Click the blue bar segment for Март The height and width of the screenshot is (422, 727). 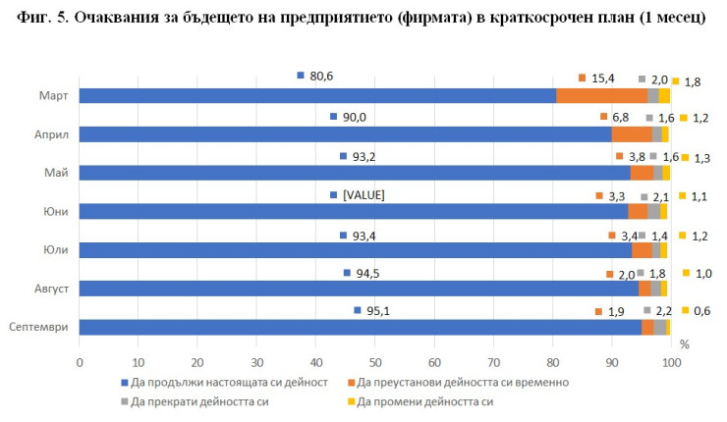point(316,95)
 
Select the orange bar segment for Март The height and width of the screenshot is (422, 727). point(601,95)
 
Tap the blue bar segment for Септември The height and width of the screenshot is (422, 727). point(360,327)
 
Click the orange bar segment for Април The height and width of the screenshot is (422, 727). point(631,134)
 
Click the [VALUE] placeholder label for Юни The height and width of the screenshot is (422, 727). point(363,195)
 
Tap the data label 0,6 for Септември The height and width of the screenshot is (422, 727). point(701,311)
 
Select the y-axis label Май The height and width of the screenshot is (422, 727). point(56,173)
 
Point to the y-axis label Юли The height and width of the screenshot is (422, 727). point(54,250)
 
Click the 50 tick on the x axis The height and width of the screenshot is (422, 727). point(375,362)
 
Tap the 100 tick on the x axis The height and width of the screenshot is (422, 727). point(672,362)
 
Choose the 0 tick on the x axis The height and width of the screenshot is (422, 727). point(80,362)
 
